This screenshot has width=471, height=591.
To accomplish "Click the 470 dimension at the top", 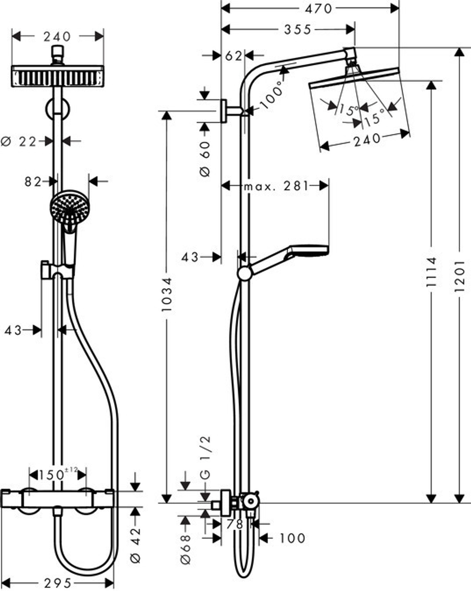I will point(319,8).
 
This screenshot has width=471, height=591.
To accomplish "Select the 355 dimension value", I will point(298,30).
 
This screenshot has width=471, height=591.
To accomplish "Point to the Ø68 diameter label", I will point(186,549).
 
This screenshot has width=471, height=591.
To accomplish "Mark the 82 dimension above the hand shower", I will point(33,181).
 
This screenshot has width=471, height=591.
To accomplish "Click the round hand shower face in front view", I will point(69,206).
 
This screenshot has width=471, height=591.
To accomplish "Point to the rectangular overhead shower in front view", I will point(57,76).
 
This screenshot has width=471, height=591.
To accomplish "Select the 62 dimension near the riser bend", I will point(233,56).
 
